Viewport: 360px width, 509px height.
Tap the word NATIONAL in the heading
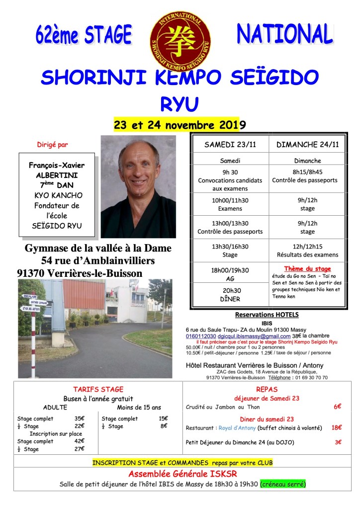[284, 34]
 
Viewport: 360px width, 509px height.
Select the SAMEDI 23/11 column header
[230, 145]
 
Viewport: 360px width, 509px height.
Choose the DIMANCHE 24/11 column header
[307, 145]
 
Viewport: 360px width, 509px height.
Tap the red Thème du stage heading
[307, 269]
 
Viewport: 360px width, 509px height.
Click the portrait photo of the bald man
[138, 186]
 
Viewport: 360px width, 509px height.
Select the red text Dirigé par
[53, 145]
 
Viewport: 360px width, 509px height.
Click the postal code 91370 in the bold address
[32, 273]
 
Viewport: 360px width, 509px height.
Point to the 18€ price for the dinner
[337, 427]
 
